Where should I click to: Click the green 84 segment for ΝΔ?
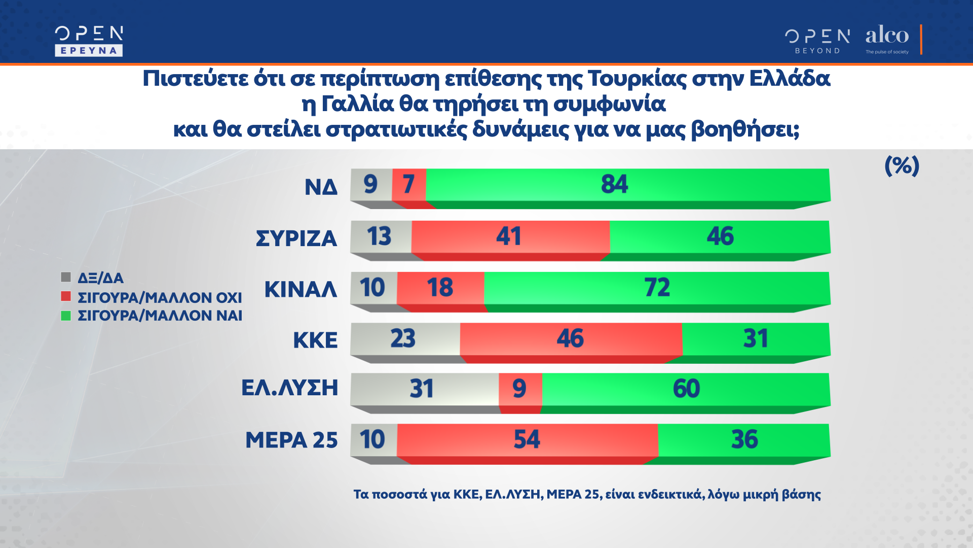627,185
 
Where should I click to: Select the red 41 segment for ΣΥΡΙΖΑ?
510,236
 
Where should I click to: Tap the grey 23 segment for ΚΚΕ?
405,338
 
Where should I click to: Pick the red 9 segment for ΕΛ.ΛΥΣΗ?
520,389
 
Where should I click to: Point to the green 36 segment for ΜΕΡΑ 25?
743,439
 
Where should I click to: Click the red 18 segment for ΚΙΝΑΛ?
440,288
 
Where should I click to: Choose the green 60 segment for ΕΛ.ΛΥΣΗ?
686,389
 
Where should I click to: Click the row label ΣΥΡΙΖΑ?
296,238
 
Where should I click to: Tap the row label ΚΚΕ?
315,340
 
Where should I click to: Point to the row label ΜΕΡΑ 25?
291,440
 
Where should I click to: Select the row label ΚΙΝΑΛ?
301,290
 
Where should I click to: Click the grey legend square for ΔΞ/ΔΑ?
66,277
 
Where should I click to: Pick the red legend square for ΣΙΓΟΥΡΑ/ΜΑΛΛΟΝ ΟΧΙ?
66,296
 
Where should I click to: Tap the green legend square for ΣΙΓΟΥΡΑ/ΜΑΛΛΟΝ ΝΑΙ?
66,316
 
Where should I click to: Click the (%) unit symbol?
902,166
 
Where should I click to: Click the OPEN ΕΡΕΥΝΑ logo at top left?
89,41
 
